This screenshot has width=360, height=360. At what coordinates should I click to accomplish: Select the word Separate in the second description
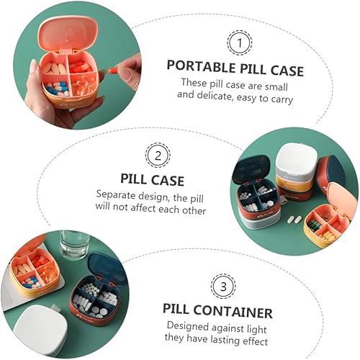116,195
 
